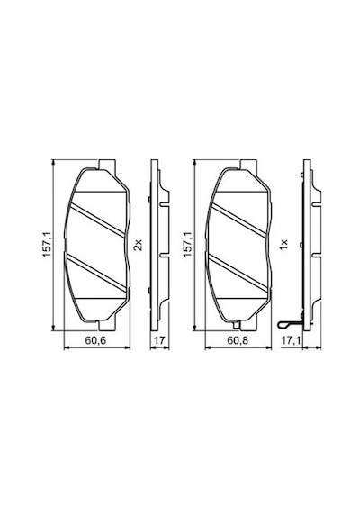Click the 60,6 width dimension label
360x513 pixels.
pos(95,340)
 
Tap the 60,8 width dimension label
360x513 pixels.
pos(238,340)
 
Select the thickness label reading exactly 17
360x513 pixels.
pos(159,340)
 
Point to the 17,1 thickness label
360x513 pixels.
pos(291,340)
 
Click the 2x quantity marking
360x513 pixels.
pos(139,245)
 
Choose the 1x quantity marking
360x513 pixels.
pos(283,245)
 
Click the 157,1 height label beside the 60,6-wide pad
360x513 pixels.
pos(47,244)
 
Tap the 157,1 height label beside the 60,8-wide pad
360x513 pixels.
pos(188,244)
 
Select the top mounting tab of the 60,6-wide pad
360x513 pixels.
pos(107,165)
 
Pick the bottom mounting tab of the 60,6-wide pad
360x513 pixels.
pos(107,325)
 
